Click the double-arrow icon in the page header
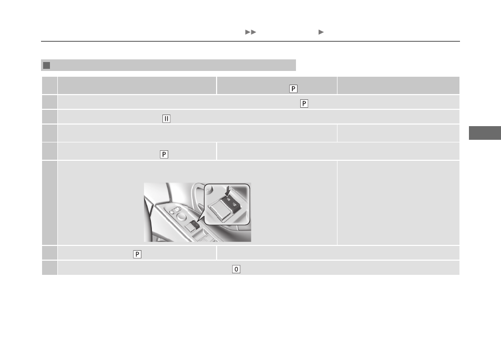[x=250, y=32]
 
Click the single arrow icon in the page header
[x=321, y=32]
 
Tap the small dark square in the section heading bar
[x=47, y=65]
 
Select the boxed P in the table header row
[x=293, y=88]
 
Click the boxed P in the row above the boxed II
[x=304, y=104]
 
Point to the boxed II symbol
[x=167, y=118]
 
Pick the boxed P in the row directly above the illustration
[x=164, y=155]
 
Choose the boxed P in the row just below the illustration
[x=137, y=254]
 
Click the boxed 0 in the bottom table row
[x=236, y=269]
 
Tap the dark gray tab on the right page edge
[x=485, y=133]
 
